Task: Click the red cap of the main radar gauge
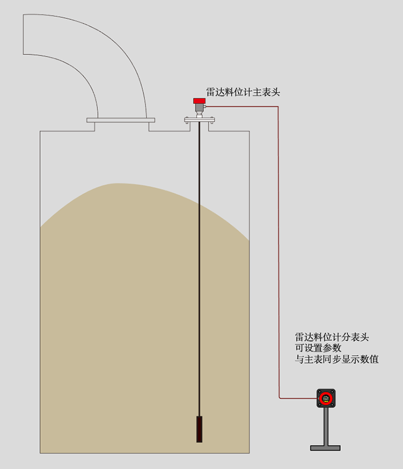[x=198, y=100]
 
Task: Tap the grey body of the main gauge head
[x=199, y=108]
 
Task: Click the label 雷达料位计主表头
[x=243, y=92]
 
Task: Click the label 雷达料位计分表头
[x=332, y=337]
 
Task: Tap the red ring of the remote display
[x=320, y=398]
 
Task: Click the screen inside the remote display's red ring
[x=326, y=398]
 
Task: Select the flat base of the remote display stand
[x=325, y=447]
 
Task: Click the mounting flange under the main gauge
[x=199, y=119]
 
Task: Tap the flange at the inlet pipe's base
[x=121, y=119]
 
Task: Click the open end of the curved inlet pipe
[x=24, y=34]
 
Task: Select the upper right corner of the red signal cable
[x=278, y=107]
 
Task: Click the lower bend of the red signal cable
[x=278, y=397]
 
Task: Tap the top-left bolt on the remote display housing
[x=319, y=391]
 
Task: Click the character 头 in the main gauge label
[x=276, y=92]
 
